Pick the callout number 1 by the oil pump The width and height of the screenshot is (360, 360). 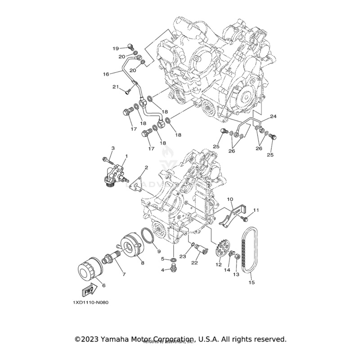126,156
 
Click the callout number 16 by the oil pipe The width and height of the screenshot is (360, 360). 106,74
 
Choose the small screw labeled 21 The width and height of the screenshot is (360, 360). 127,92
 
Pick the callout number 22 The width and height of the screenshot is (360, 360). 195,263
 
